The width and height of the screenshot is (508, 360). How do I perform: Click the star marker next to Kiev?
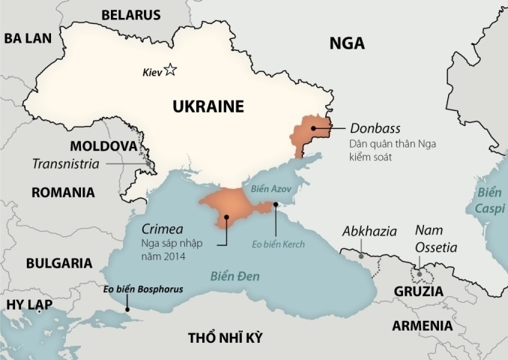pyautogui.click(x=171, y=70)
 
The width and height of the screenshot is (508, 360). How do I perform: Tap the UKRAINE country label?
pyautogui.click(x=208, y=106)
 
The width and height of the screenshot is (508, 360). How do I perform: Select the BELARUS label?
pyautogui.click(x=131, y=14)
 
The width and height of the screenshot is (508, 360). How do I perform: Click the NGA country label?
pyautogui.click(x=347, y=43)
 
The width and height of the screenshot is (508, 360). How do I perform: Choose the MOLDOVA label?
pyautogui.click(x=103, y=145)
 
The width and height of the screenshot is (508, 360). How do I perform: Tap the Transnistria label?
pyautogui.click(x=66, y=164)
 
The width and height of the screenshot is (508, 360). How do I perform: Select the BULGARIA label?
pyautogui.click(x=59, y=263)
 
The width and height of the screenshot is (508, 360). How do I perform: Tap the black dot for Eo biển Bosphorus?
pyautogui.click(x=127, y=308)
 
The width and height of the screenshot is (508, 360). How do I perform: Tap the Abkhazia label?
pyautogui.click(x=369, y=231)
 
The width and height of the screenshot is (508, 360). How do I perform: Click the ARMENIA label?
pyautogui.click(x=422, y=326)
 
